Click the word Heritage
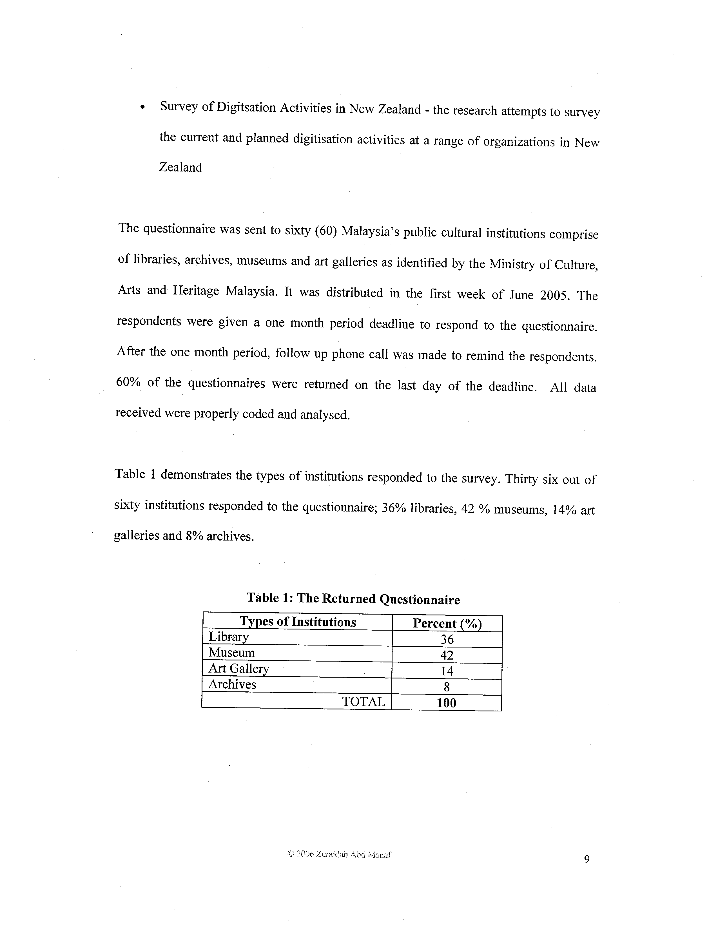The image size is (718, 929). coord(196,291)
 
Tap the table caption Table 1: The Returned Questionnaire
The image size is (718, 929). coord(353,599)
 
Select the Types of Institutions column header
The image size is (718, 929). coord(298,622)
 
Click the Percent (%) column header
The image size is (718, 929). coord(447,624)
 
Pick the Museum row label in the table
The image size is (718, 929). coord(231,653)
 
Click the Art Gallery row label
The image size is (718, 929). coord(238,669)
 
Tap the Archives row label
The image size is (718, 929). coord(232,684)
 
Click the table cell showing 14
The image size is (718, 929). coord(447,671)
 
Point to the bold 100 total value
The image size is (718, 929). coord(446,703)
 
